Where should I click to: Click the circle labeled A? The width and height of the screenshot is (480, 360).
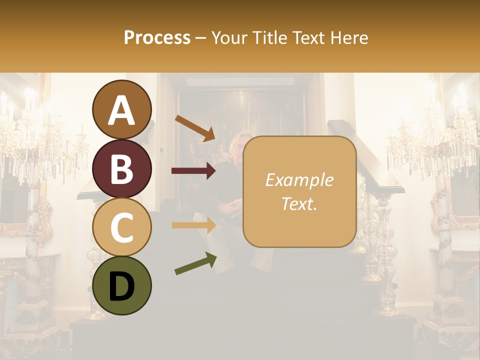121,109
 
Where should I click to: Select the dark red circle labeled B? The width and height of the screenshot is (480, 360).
121,168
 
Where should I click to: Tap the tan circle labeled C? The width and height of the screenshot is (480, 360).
121,227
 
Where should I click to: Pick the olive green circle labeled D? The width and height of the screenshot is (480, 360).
121,285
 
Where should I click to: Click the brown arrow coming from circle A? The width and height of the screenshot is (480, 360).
195,127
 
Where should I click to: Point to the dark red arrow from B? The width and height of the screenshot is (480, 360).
193,171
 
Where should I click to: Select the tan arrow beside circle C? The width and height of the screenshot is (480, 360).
193,225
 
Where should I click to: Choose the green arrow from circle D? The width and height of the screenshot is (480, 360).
195,264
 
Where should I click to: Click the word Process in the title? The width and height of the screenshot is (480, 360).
157,37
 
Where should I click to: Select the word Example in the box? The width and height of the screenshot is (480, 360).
299,180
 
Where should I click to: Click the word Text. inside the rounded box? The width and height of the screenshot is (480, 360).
299,204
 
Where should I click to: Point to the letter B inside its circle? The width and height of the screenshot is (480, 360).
121,169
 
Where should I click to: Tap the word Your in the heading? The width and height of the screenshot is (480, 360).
230,37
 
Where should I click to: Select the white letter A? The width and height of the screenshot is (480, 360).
121,110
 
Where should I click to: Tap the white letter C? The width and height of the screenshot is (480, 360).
121,227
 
